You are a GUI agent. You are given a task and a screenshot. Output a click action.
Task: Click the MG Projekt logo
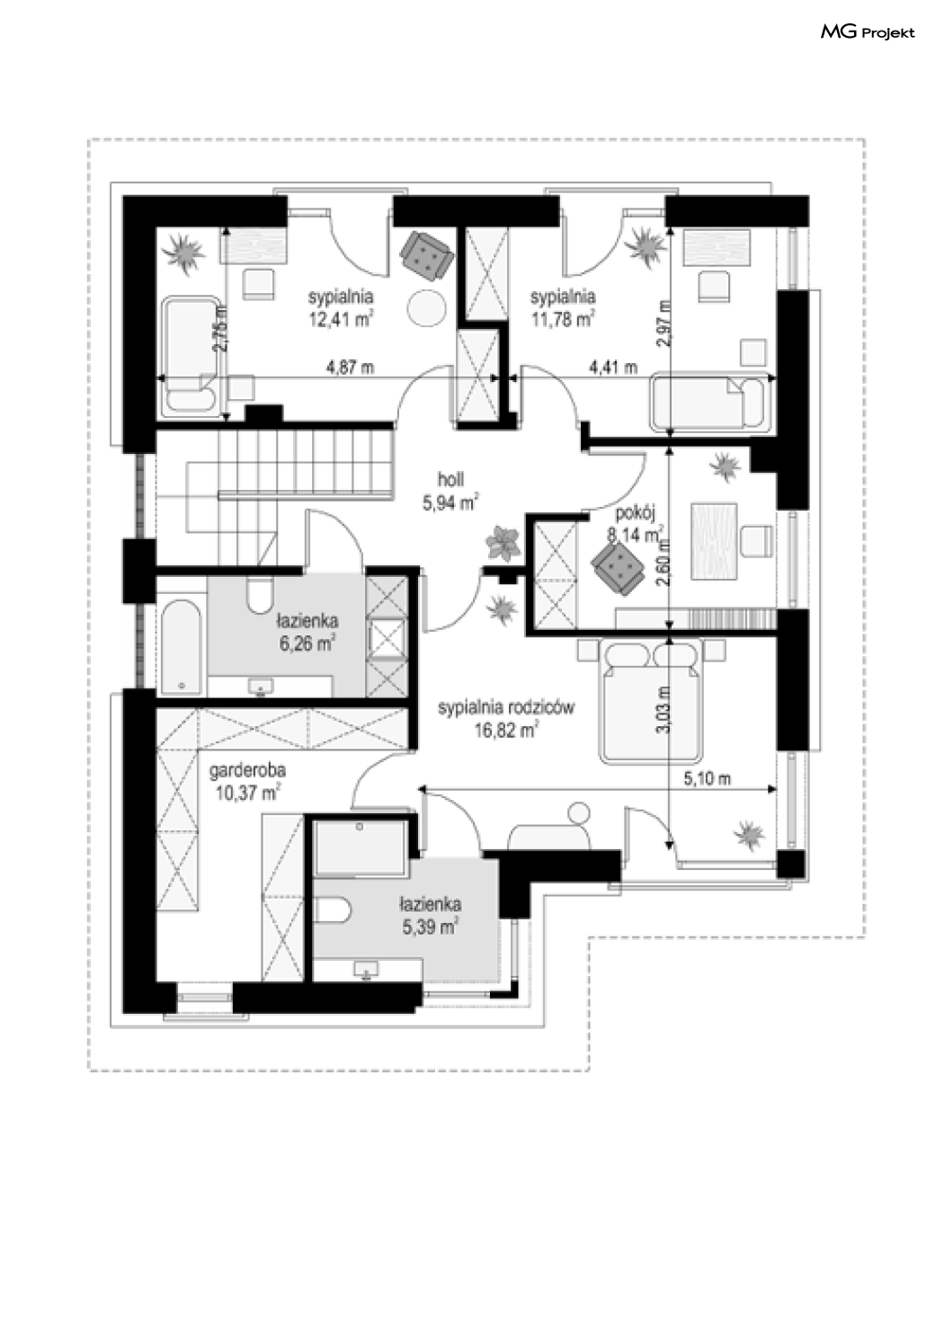[x=867, y=33]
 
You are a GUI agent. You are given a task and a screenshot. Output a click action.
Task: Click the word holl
[x=450, y=480]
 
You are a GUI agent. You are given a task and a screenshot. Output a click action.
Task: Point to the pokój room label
[x=637, y=514]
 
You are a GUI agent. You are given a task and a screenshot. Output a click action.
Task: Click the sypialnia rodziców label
[x=506, y=708]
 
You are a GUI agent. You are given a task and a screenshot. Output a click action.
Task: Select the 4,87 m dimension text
[x=350, y=367]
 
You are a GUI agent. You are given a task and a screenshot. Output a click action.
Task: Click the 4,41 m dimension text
[x=612, y=367]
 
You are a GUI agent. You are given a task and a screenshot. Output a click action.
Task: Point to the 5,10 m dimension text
[x=707, y=779]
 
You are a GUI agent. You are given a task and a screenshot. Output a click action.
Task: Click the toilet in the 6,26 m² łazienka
[x=260, y=592]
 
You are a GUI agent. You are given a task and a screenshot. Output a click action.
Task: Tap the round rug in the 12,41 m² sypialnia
[x=428, y=308]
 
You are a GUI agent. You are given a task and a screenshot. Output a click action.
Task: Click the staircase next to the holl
[x=297, y=467]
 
